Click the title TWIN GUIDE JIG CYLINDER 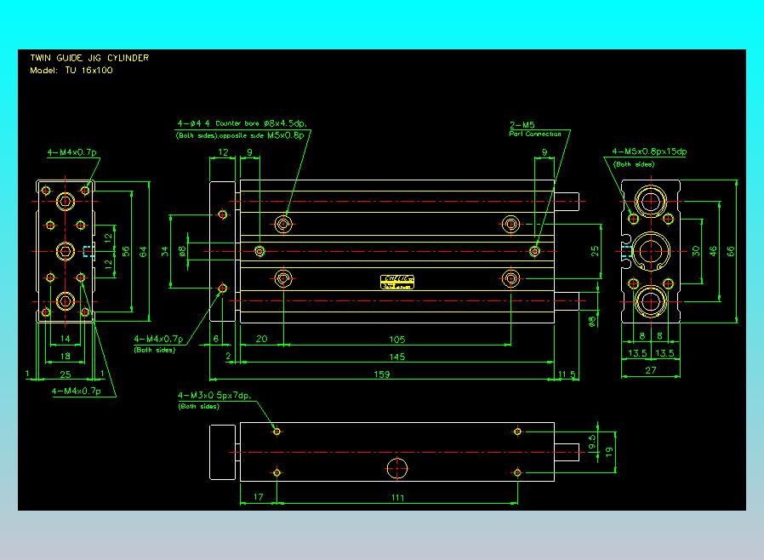[x=89, y=58]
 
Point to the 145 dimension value [x=396, y=357]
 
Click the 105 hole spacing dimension [x=396, y=339]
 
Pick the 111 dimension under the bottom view [x=396, y=496]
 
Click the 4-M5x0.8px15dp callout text [x=649, y=151]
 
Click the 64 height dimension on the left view [x=143, y=250]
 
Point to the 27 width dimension [x=651, y=370]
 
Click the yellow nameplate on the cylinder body [x=398, y=282]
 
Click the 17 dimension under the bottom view [x=259, y=496]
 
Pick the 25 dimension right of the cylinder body [x=596, y=250]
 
